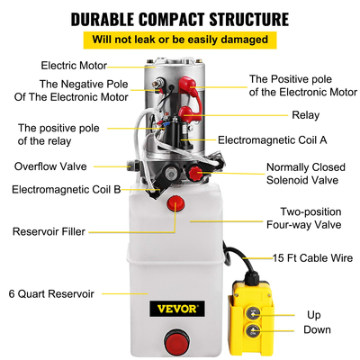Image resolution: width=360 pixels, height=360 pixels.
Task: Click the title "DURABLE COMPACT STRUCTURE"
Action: [x=179, y=18]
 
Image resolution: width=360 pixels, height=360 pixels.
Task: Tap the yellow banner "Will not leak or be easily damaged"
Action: [x=179, y=40]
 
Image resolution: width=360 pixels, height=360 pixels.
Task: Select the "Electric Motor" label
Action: [x=73, y=65]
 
